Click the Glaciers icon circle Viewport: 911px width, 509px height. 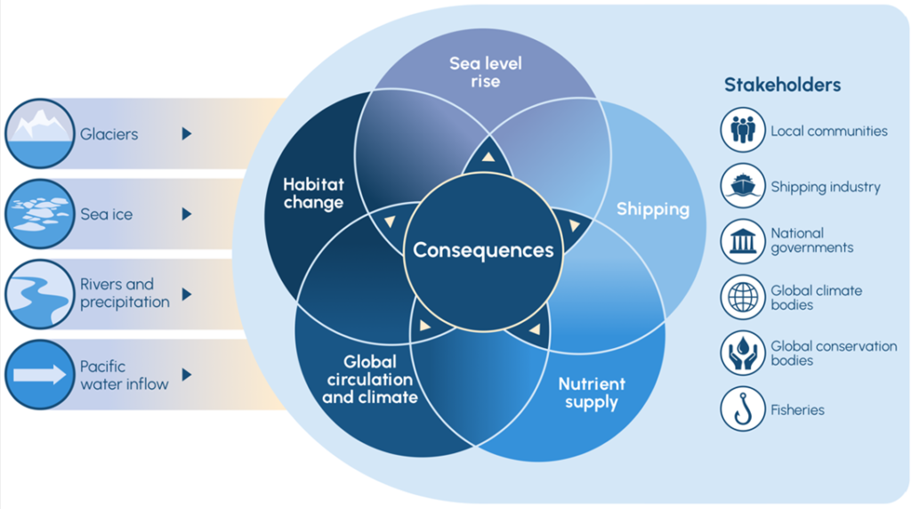tap(39, 133)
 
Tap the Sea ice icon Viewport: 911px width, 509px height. tap(39, 214)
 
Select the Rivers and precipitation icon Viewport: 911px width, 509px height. tap(39, 293)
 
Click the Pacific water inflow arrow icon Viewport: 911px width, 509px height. tap(39, 375)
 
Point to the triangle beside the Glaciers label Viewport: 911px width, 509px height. tap(187, 133)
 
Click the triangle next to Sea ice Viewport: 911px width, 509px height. tap(187, 214)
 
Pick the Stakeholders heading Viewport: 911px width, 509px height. tap(782, 85)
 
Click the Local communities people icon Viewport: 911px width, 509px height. tap(742, 130)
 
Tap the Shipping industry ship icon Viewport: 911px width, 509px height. tap(742, 186)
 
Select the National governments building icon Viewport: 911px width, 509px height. tap(742, 241)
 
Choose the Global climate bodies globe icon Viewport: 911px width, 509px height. tap(742, 297)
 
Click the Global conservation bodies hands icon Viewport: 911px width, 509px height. tap(742, 353)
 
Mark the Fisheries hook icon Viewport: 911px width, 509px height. tap(742, 409)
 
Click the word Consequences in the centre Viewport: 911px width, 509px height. tap(483, 250)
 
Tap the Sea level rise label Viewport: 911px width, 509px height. tap(486, 72)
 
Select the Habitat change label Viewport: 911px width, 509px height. tap(313, 193)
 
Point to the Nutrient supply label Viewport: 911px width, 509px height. tap(592, 393)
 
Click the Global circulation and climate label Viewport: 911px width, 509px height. tap(370, 379)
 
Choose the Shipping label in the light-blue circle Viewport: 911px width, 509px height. tap(653, 209)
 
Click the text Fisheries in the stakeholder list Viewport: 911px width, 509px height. tap(797, 410)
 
